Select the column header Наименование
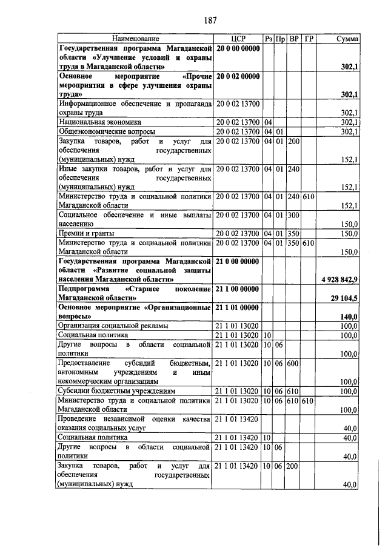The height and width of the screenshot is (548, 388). coord(135,39)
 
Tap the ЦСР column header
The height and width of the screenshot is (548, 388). coord(238,39)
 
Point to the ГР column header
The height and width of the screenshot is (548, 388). coord(308,39)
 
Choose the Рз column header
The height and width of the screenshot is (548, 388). coord(268,39)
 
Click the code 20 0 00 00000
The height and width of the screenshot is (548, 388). coord(238,48)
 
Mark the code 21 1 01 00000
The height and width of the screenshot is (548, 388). coord(238,308)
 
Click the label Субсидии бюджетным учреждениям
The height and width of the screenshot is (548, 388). coord(116,391)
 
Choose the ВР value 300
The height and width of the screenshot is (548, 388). coord(294,215)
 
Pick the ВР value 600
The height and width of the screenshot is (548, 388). coord(294,363)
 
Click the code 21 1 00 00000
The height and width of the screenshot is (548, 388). coord(238,289)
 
